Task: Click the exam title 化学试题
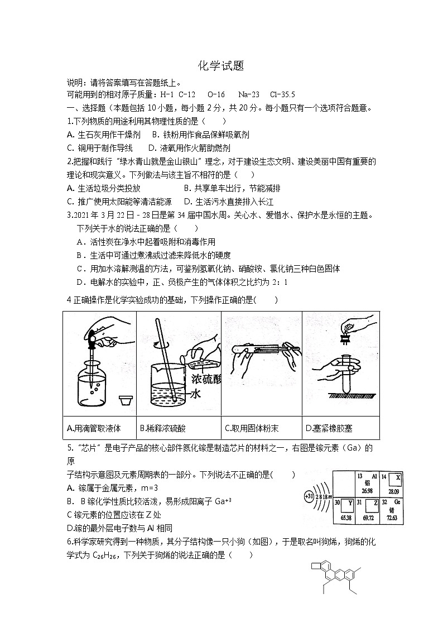(221, 66)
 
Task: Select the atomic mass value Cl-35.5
(282, 94)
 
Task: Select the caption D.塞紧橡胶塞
(329, 429)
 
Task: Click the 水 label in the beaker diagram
(196, 394)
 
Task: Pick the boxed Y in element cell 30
(350, 502)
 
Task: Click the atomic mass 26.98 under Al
(367, 491)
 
